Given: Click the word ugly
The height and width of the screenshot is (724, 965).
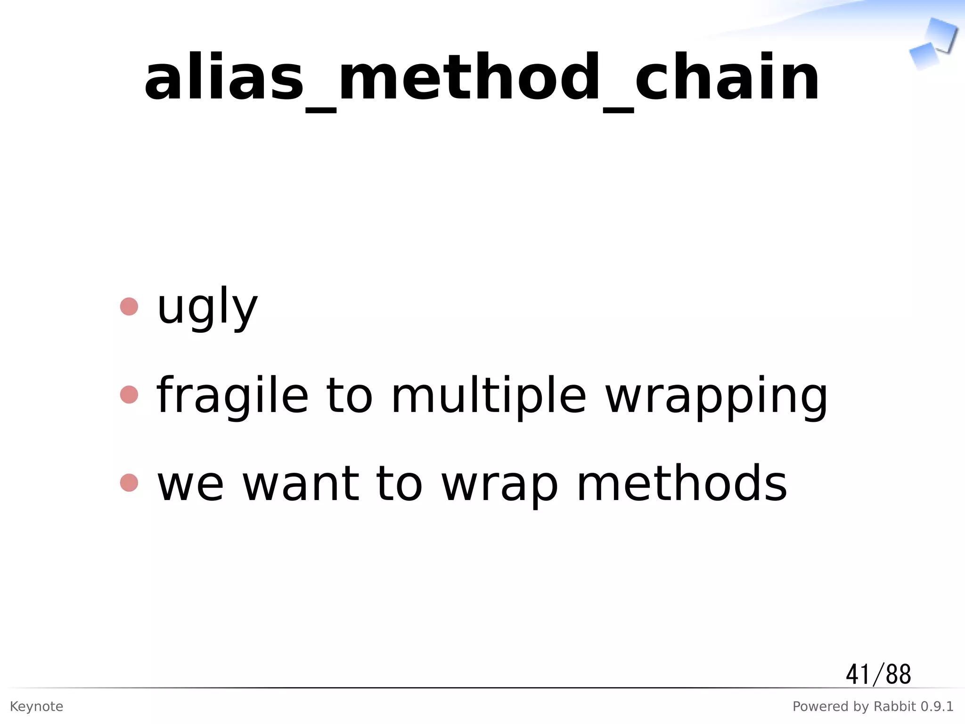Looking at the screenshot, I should (x=207, y=307).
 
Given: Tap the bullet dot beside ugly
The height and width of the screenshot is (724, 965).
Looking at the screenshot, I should (x=129, y=306).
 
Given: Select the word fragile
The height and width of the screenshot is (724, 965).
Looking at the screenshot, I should (x=232, y=396).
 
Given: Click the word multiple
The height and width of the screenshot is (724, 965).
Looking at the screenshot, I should (x=489, y=396).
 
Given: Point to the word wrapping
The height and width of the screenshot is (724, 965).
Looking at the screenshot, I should (x=716, y=396).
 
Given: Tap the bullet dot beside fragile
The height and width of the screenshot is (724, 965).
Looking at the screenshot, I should (x=129, y=395).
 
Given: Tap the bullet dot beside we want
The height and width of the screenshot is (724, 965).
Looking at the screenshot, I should (x=129, y=483).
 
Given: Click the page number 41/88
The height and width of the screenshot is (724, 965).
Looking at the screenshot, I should (x=878, y=675).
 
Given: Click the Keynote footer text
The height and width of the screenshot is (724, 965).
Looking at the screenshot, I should (x=36, y=707).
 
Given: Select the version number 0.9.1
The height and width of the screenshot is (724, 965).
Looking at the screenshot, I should (x=937, y=707).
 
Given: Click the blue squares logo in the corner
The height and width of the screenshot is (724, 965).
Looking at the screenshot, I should (x=933, y=43).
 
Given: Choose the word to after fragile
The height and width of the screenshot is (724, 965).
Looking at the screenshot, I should (x=349, y=396).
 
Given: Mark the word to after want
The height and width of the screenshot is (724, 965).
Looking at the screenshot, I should (x=399, y=484).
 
